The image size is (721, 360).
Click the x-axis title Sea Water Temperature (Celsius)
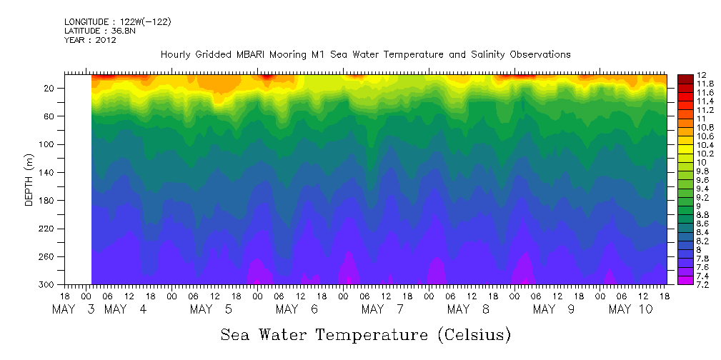coord(365,334)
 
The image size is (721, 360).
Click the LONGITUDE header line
coord(117,22)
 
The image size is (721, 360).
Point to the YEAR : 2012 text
coord(90,41)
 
